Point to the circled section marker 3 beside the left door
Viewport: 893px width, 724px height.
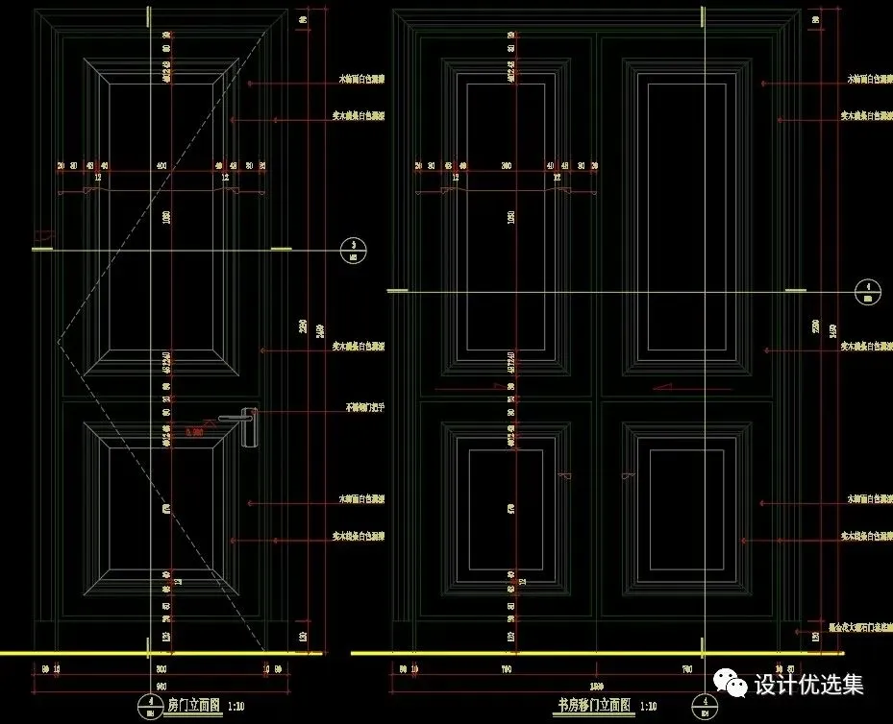(355, 250)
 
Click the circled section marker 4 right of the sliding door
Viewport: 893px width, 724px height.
(868, 290)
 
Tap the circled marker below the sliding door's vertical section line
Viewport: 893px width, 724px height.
(706, 706)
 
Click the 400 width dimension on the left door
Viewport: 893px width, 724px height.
(161, 166)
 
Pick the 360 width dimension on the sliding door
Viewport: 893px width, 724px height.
(508, 166)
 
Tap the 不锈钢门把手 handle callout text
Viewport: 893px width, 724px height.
(364, 407)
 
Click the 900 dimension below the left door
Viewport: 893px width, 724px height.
(161, 667)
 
